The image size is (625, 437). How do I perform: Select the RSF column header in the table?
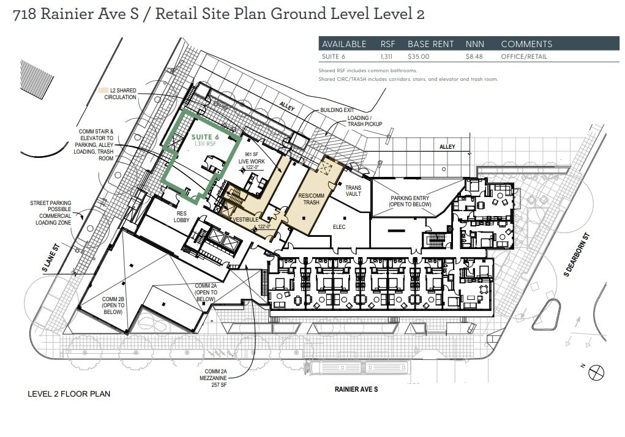click(x=387, y=44)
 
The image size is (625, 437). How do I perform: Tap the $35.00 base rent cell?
click(x=419, y=57)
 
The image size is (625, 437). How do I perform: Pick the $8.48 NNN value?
click(x=474, y=57)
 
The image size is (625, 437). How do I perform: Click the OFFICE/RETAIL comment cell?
click(x=523, y=57)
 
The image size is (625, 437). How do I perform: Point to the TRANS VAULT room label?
click(x=353, y=191)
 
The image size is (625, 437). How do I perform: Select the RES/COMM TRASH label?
click(x=310, y=200)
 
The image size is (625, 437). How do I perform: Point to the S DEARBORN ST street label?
click(x=576, y=254)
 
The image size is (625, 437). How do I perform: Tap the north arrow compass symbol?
click(x=597, y=371)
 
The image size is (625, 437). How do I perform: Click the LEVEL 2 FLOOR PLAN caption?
click(x=69, y=394)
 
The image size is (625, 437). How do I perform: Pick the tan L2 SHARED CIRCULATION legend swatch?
click(x=103, y=91)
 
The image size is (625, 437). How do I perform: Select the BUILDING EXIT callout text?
click(x=337, y=110)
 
